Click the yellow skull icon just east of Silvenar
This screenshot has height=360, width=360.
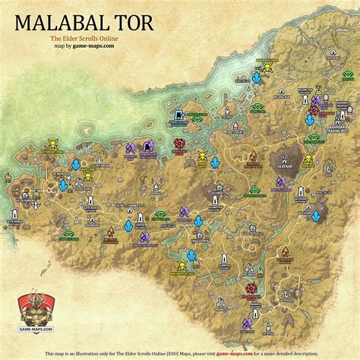(308, 160)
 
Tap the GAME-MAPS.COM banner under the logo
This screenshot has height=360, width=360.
(27, 329)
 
